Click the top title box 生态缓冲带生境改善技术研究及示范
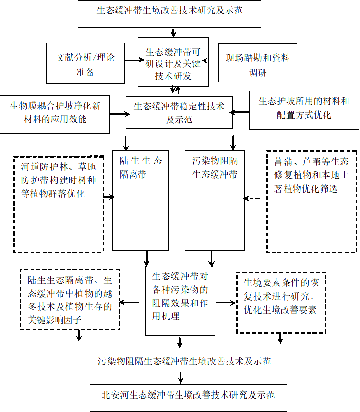[x=169, y=14]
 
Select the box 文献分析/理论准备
[x=85, y=63]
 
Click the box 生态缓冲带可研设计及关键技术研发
[x=173, y=62]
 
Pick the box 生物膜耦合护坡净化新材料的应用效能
[x=55, y=112]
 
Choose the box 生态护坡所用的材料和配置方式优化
[x=304, y=110]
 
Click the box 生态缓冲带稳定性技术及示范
[x=179, y=112]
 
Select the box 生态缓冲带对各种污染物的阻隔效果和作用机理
[x=180, y=301]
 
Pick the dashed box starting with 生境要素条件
[x=281, y=303]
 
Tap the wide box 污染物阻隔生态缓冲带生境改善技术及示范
[x=184, y=362]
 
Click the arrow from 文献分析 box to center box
[x=131, y=61]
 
